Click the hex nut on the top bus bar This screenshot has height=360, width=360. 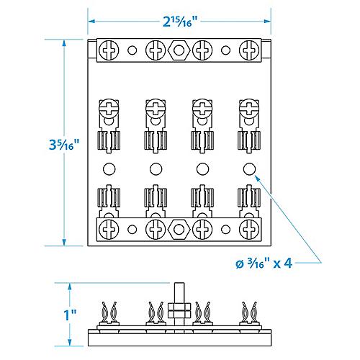click(x=178, y=51)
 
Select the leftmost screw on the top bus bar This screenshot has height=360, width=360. click(x=109, y=51)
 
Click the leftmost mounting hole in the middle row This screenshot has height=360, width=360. click(x=109, y=169)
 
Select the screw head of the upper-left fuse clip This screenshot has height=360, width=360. click(x=109, y=109)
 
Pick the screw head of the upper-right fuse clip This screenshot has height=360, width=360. click(x=248, y=109)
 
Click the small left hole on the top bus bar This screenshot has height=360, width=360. click(x=132, y=51)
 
